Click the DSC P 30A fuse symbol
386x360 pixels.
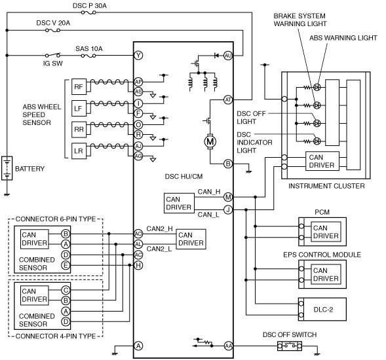tap(88, 12)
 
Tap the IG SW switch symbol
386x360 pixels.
tap(52, 55)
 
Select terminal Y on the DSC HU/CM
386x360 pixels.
tap(138, 56)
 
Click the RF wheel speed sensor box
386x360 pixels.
tap(79, 86)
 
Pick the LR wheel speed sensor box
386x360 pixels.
tap(79, 151)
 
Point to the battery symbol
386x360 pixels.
tap(7, 168)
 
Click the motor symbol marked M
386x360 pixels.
tap(210, 141)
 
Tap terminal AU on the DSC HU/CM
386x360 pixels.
tap(228, 56)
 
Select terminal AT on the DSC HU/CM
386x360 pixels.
tap(228, 100)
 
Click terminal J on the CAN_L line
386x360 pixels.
tap(228, 209)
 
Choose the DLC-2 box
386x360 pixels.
tap(322, 309)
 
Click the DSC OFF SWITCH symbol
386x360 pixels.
tap(290, 346)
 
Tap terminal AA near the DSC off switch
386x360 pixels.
tap(229, 346)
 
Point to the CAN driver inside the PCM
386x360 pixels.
tap(326, 232)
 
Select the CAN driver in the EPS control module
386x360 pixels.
tap(326, 274)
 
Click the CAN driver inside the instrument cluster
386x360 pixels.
tap(322, 161)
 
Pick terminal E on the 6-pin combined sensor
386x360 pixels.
tap(66, 265)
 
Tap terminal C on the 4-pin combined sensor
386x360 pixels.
tap(66, 290)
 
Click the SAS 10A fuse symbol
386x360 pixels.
tap(88, 56)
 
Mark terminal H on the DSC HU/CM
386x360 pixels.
tap(138, 265)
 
